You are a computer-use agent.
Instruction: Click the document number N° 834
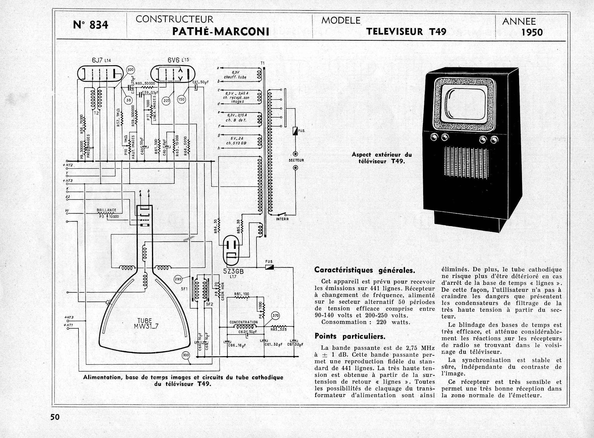(x=90, y=25)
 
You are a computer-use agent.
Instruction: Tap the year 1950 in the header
(x=532, y=32)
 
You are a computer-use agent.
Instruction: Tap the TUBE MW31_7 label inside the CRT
(x=145, y=324)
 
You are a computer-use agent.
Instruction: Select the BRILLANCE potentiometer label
(x=106, y=210)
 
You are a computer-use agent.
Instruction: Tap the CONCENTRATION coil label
(x=243, y=322)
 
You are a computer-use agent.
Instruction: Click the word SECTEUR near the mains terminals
(x=296, y=160)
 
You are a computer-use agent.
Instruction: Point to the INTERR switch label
(x=282, y=219)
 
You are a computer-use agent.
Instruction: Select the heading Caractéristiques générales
(x=365, y=270)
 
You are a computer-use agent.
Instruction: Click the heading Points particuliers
(x=350, y=337)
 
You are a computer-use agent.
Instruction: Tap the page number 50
(x=55, y=417)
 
